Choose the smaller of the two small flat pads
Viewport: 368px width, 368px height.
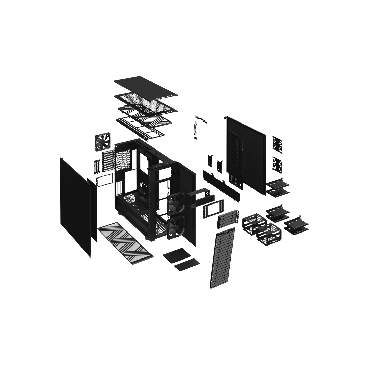pyautogui.click(x=187, y=265)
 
